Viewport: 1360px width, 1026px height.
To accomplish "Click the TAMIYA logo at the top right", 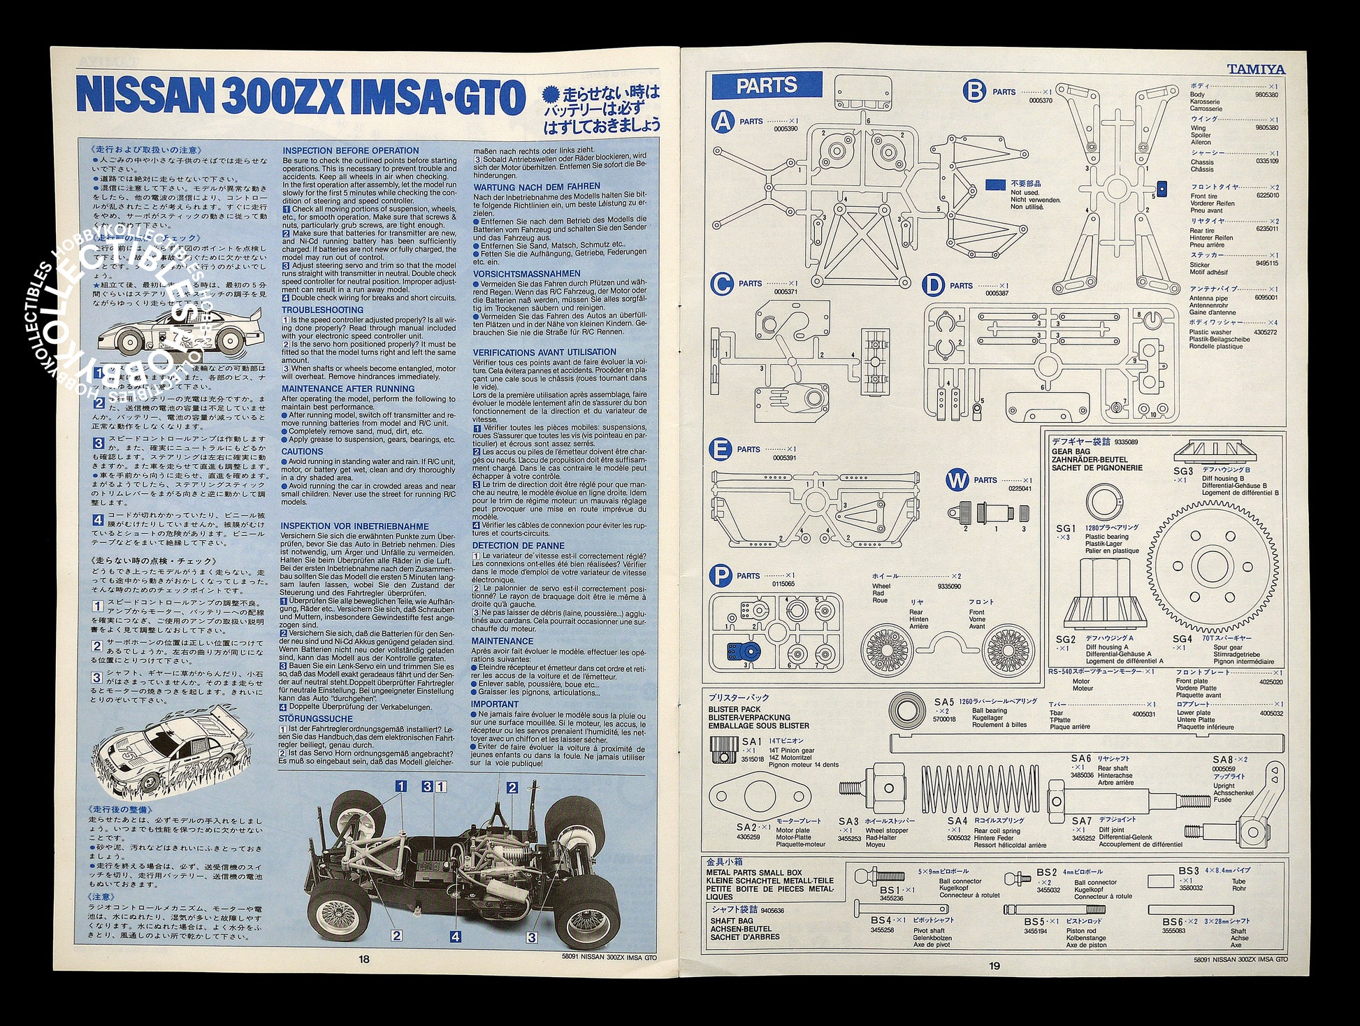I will [1256, 69].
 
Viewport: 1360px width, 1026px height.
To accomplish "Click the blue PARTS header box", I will [767, 85].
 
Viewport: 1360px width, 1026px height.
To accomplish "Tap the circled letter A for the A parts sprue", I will [723, 122].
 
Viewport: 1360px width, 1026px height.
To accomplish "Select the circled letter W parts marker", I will [957, 480].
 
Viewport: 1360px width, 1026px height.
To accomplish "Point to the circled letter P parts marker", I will [720, 576].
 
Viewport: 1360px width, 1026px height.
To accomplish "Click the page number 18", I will [363, 960].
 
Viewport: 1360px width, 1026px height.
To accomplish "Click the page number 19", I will [994, 967].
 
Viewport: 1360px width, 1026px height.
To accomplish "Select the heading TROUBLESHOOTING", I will [322, 310].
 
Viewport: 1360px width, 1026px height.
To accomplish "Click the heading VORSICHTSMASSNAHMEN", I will [526, 274].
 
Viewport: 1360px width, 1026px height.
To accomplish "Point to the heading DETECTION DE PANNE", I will [518, 546].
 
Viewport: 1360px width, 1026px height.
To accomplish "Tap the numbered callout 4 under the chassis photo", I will [455, 937].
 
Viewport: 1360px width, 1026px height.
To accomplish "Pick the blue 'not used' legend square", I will [995, 185].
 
